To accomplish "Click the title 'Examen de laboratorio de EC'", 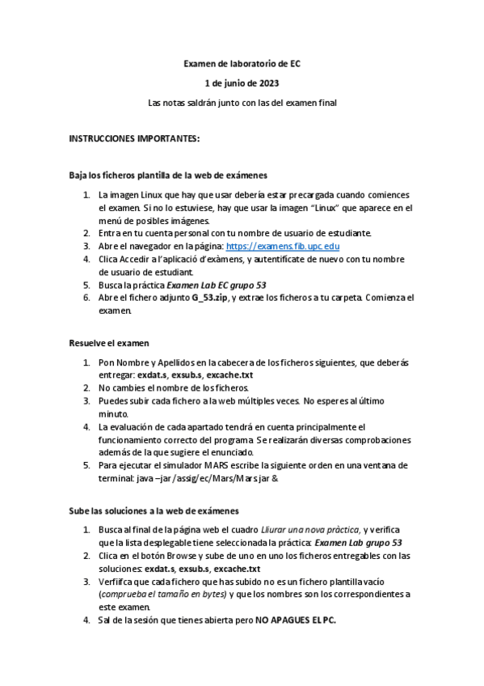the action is (242, 62).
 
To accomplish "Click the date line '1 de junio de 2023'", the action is (242, 83).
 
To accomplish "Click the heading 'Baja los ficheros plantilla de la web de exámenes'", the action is (167, 175).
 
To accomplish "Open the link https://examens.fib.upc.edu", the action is (283, 246).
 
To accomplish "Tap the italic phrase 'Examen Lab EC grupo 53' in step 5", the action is (216, 285).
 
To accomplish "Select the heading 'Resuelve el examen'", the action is (109, 343).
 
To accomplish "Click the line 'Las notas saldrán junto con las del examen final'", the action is (242, 103).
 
